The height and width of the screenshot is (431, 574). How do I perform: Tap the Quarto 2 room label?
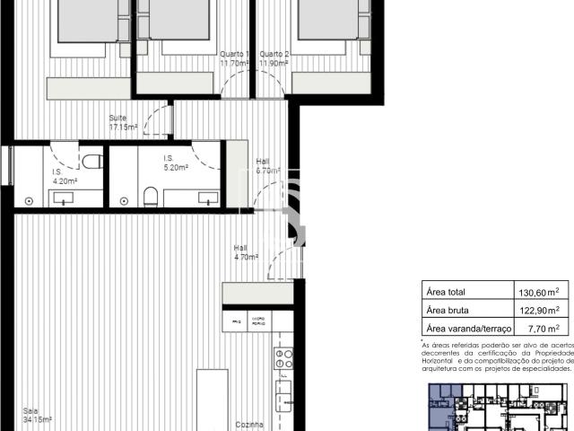pyautogui.click(x=274, y=58)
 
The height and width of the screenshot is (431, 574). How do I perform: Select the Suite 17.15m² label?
pyautogui.click(x=123, y=123)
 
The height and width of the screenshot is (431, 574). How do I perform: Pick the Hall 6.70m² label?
pyautogui.click(x=267, y=165)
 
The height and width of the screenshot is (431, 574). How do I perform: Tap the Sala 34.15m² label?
pyautogui.click(x=37, y=415)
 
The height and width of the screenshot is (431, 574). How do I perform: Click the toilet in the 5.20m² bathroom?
pyautogui.click(x=150, y=196)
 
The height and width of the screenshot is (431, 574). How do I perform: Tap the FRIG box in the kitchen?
pyautogui.click(x=238, y=321)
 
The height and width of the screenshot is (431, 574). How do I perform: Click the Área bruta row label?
pyautogui.click(x=449, y=310)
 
